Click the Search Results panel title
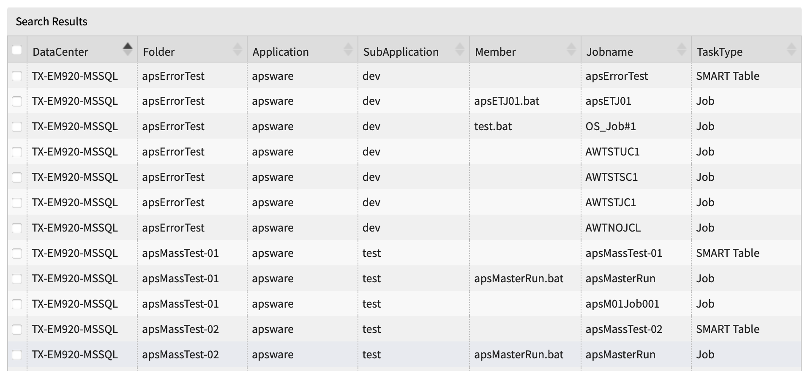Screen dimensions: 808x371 51,22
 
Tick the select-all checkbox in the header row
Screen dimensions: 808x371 17,50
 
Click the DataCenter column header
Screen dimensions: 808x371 60,52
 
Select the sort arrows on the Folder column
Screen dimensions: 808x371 237,49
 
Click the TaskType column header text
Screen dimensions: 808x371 719,52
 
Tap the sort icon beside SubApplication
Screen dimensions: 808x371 460,49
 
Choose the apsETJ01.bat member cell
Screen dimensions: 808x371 507,101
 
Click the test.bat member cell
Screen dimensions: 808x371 493,126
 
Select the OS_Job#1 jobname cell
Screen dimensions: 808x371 610,126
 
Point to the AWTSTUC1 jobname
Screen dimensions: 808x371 612,152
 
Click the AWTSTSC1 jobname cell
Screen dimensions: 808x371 611,177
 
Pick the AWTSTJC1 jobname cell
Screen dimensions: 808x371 610,202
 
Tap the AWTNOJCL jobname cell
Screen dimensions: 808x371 613,228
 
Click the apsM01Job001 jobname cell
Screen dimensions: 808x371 622,304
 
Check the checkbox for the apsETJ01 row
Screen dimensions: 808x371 17,101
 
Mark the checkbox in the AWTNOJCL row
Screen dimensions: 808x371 17,228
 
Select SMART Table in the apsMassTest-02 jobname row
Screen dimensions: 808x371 727,329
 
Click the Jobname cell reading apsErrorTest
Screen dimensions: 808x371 617,76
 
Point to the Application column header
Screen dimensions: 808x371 281,52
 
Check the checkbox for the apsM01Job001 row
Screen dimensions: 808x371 17,304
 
